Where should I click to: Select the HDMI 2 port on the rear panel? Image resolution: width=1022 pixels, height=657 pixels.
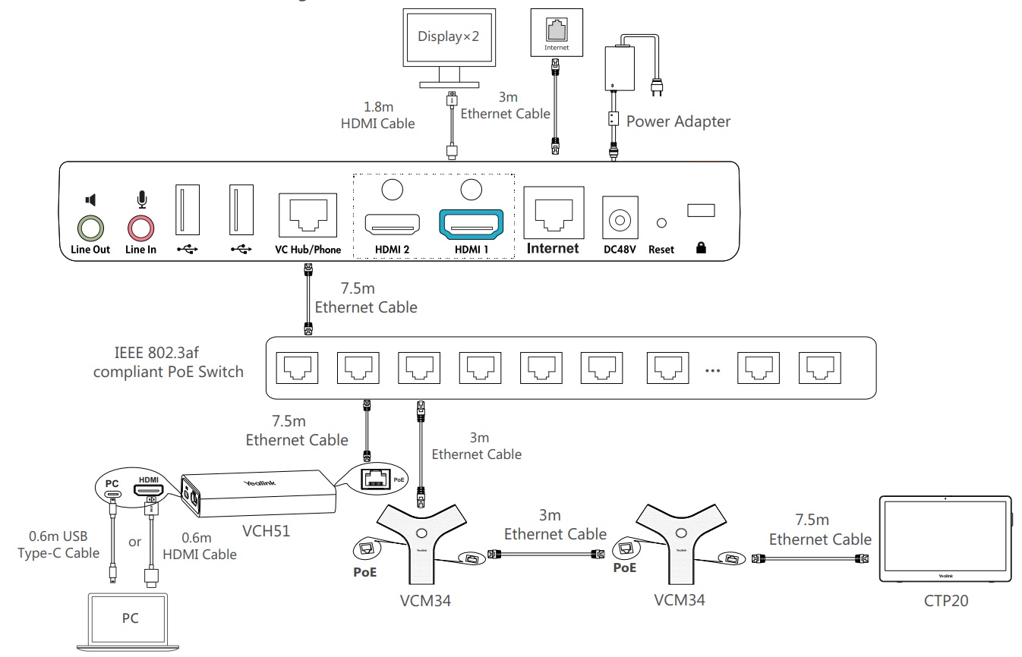coord(392,225)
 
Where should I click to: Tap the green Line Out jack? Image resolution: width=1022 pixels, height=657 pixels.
coord(91,228)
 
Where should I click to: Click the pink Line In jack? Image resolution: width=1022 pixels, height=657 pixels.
coord(140,228)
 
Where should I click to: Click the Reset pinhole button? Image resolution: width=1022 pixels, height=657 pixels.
coord(661,224)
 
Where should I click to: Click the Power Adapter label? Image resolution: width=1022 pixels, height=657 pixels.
coord(678,121)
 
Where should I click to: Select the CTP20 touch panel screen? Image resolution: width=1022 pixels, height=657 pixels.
coord(945,539)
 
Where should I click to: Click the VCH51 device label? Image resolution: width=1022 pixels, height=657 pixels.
coord(265,529)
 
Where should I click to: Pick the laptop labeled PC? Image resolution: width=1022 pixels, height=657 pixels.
coord(131,616)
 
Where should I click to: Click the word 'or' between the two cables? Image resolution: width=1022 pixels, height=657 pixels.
coord(134,542)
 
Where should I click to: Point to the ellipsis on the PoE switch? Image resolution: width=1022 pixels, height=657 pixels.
coord(712,371)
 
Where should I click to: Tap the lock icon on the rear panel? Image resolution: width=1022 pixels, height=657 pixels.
coord(700,248)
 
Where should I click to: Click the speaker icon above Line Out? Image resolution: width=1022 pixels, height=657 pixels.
coord(91,200)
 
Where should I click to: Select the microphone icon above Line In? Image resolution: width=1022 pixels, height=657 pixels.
coord(140,200)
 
